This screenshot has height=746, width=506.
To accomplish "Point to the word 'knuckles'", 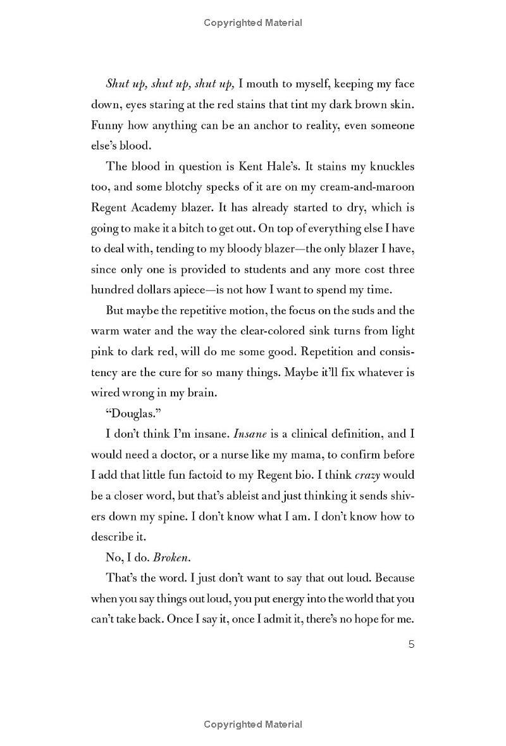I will (x=385, y=167).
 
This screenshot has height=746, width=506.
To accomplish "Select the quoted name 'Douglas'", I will (x=130, y=414).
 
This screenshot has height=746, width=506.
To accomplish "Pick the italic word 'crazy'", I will (x=368, y=476).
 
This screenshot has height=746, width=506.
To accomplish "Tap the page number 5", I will (x=411, y=645).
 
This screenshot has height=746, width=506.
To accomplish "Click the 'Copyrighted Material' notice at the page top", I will (x=253, y=23).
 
